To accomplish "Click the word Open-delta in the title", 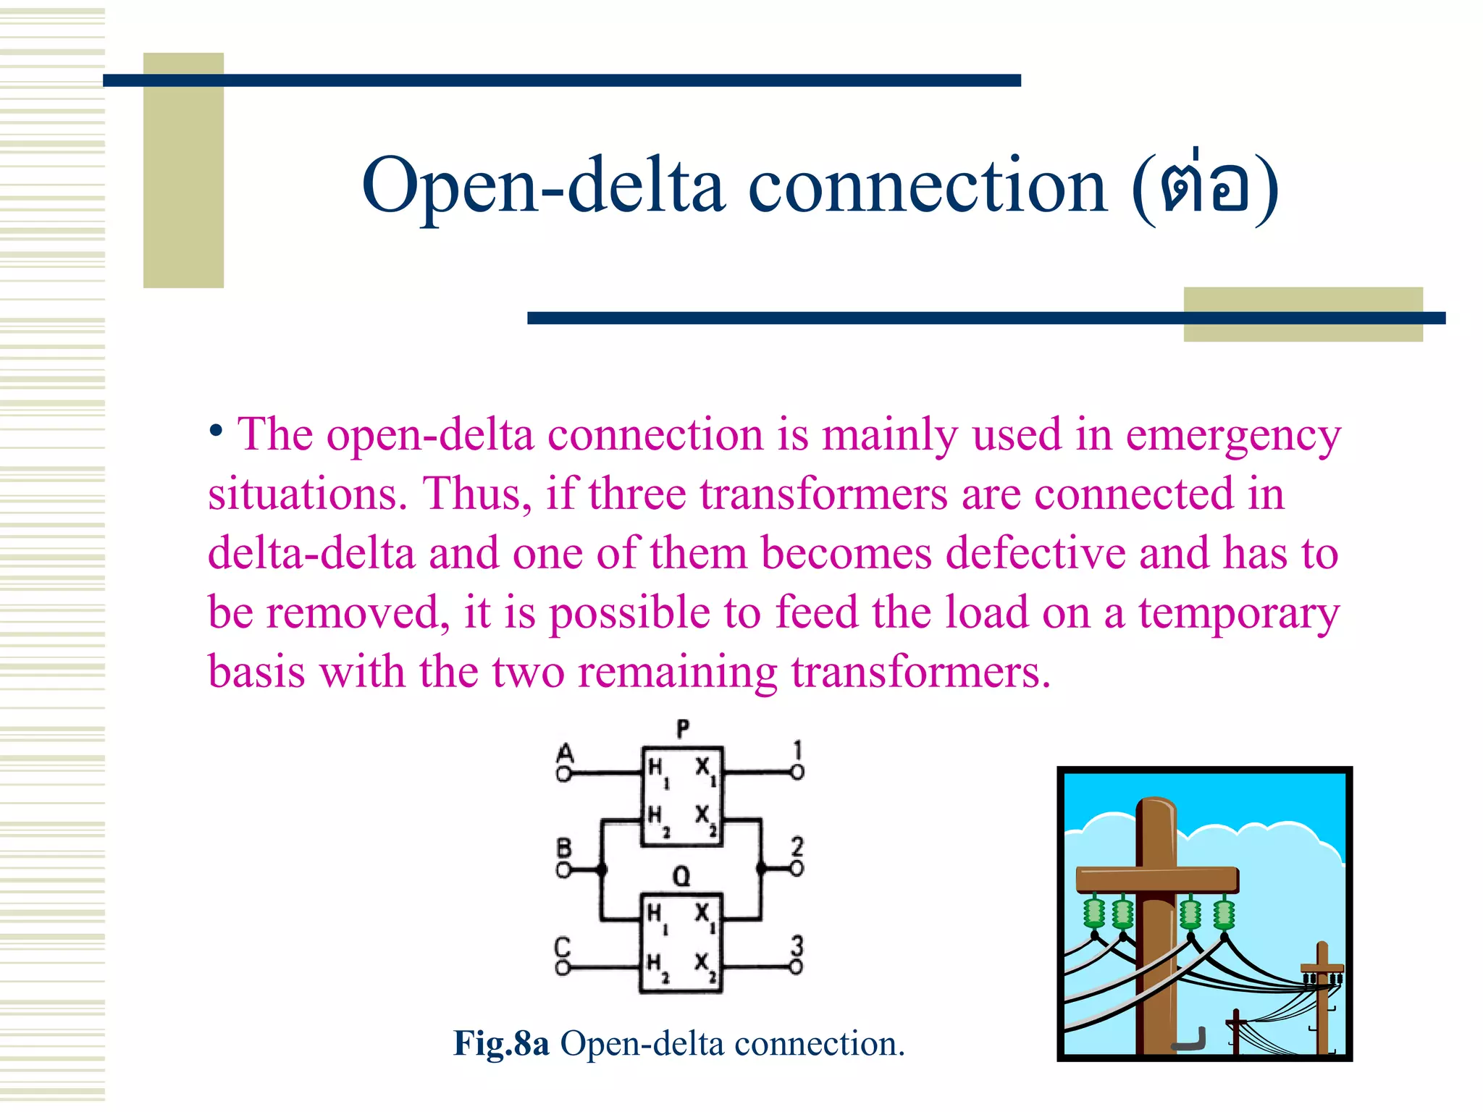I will [543, 187].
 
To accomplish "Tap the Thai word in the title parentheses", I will [1205, 187].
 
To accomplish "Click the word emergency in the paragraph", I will [1232, 436].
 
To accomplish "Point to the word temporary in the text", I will [1238, 614].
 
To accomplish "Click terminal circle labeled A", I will [563, 775].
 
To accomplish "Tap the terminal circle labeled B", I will [563, 869].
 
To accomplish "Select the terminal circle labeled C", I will [563, 968].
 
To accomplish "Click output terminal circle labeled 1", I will [797, 773].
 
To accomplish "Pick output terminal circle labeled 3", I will [796, 967].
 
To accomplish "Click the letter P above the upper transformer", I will [682, 728].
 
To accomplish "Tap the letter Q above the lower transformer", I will [681, 877].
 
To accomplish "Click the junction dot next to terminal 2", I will [761, 868].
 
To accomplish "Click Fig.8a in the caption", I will [501, 1044].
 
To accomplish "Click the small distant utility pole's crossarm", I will [1322, 968].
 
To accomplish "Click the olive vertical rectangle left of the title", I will [183, 170].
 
